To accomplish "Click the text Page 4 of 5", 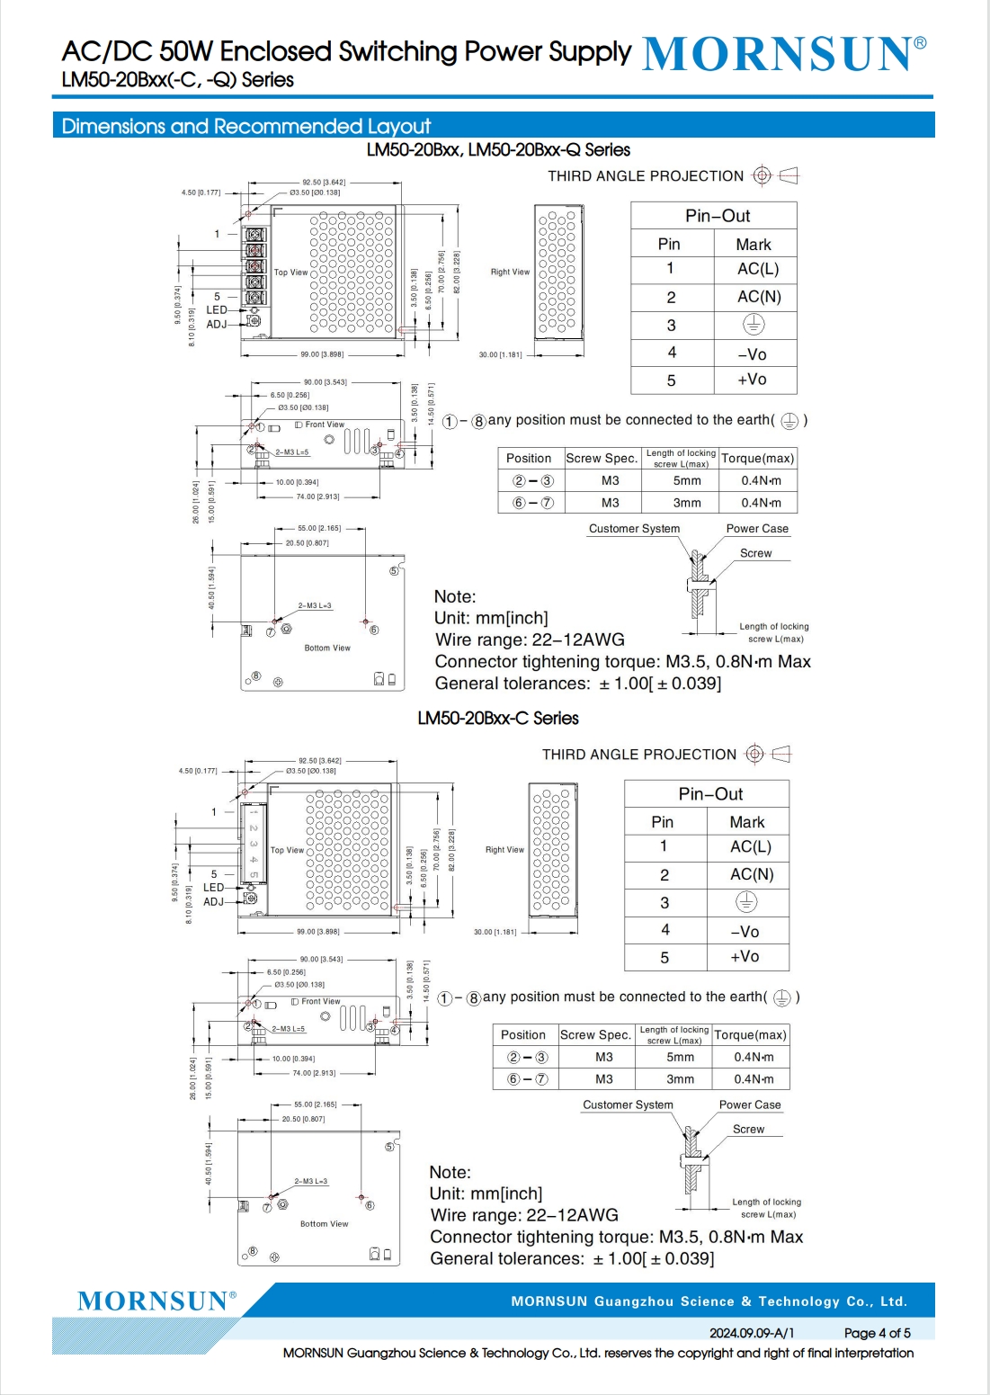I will [x=877, y=1333].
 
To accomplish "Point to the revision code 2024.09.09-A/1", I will [x=752, y=1333].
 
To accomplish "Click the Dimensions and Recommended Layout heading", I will [x=245, y=126].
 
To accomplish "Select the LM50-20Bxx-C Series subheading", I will [x=497, y=718].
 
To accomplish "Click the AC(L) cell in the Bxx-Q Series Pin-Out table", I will [x=757, y=269].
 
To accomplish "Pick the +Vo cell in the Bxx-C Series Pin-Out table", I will [x=745, y=956].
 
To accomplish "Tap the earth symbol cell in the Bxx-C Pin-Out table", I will [x=745, y=901].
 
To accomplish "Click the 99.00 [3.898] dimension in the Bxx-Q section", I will [x=322, y=354].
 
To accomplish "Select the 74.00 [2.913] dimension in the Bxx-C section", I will [x=314, y=1073].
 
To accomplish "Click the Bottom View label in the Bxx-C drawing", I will [x=324, y=1224].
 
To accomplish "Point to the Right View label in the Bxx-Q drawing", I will [x=510, y=272].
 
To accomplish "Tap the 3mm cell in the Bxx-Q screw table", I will [x=687, y=503].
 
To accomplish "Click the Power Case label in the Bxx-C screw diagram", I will [x=750, y=1104].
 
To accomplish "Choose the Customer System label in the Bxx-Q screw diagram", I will [x=634, y=529].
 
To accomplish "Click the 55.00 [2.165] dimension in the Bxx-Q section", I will [x=319, y=529].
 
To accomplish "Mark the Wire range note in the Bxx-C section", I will [x=524, y=1215].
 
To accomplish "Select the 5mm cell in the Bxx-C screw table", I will [x=681, y=1057].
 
